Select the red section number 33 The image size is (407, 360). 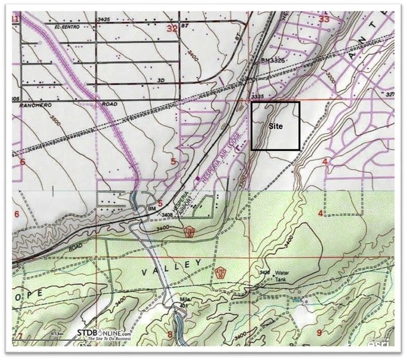pyautogui.click(x=324, y=19)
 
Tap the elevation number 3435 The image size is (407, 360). pyautogui.click(x=104, y=20)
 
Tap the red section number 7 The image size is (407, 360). pyautogui.click(x=20, y=336)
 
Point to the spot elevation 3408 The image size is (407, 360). pyautogui.click(x=166, y=215)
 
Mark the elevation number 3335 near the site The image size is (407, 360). pyautogui.click(x=258, y=96)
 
